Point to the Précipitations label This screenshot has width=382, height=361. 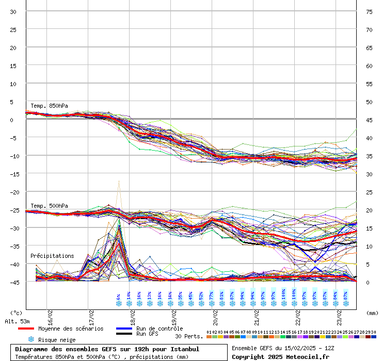click(x=52, y=256)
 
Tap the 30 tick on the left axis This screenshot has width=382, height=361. click(x=13, y=11)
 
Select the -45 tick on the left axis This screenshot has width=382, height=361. click(x=13, y=282)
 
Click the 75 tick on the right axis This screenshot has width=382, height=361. click(x=369, y=11)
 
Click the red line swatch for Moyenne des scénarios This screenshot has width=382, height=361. click(x=25, y=329)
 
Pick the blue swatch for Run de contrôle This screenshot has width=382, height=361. click(x=124, y=329)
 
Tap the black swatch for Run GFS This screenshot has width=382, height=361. click(x=124, y=334)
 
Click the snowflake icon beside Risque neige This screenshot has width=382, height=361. click(x=31, y=339)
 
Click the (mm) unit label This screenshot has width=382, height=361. click(x=371, y=313)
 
